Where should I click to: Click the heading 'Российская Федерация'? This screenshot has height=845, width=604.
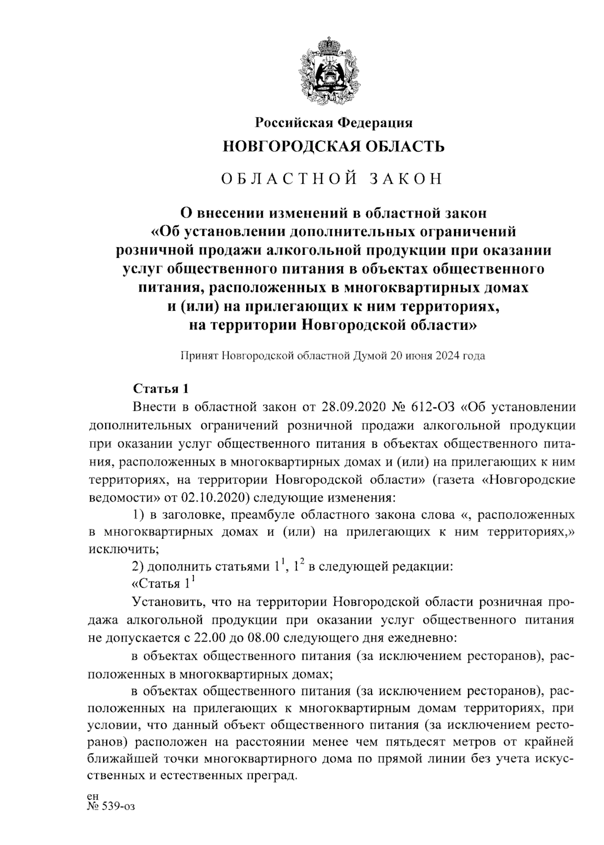pos(334,122)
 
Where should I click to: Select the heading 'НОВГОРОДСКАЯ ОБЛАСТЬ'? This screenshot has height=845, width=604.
pos(334,147)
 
